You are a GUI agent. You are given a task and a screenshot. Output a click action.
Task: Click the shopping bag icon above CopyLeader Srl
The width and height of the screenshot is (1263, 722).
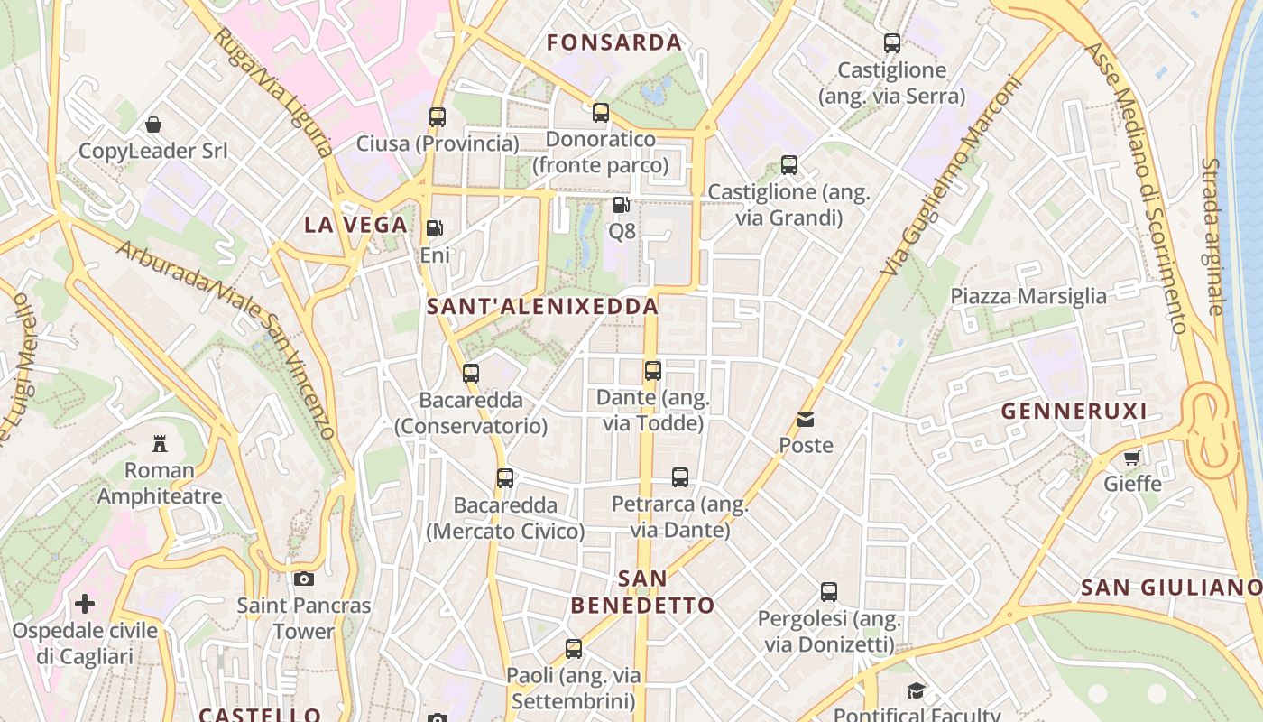click(153, 124)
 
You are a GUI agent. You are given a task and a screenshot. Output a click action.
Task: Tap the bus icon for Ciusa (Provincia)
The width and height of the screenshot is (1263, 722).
click(438, 116)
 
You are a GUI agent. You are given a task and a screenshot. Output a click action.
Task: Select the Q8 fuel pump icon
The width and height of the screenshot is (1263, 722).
click(621, 205)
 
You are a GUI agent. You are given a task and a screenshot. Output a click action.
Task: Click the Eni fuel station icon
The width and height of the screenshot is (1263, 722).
click(435, 228)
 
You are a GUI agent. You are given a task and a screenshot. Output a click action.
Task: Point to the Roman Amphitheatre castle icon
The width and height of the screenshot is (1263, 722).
click(160, 443)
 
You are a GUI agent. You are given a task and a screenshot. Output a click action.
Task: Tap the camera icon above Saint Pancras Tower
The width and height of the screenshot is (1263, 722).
click(304, 579)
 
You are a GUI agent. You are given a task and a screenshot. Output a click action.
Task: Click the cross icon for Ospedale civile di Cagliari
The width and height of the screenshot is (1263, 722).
click(85, 603)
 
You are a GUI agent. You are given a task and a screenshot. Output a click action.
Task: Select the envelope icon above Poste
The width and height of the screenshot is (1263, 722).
click(806, 419)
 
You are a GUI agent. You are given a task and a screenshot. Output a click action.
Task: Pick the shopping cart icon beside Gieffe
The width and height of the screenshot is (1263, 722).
click(1132, 457)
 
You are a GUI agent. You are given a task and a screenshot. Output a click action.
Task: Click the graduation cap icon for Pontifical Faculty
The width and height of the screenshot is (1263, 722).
click(917, 690)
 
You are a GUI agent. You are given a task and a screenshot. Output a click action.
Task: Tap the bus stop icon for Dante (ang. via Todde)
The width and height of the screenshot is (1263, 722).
click(653, 370)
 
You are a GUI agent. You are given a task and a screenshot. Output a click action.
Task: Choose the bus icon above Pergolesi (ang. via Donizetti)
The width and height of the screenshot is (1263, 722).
click(829, 592)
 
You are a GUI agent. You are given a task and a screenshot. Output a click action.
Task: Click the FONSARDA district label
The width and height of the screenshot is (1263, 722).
click(614, 42)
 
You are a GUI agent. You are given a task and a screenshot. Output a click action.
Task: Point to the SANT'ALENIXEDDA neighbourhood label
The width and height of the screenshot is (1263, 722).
click(542, 306)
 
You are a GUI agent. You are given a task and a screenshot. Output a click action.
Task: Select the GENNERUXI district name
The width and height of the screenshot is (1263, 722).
click(1074, 412)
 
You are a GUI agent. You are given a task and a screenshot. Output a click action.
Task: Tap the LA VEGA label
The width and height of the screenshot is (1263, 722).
click(355, 225)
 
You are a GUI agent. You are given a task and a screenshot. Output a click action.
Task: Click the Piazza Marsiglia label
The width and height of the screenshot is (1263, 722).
click(1028, 296)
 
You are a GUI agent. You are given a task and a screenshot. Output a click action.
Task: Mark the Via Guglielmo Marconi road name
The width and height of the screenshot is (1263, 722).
click(951, 175)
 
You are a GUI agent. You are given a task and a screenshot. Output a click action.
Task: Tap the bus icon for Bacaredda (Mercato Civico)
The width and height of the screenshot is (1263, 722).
click(505, 477)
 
